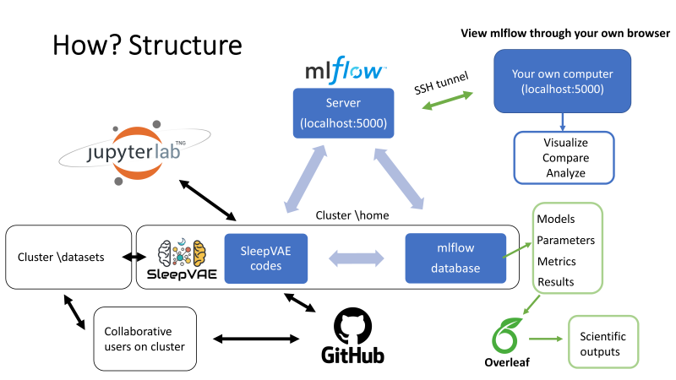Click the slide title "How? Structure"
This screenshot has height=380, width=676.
[x=147, y=45]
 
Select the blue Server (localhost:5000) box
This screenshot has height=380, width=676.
[x=344, y=113]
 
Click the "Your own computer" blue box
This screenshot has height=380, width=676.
[x=562, y=81]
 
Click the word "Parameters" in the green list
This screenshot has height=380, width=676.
[x=565, y=240]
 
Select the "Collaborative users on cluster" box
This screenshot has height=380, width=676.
[x=144, y=338]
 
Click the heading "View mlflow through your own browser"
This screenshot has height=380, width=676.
[x=564, y=33]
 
